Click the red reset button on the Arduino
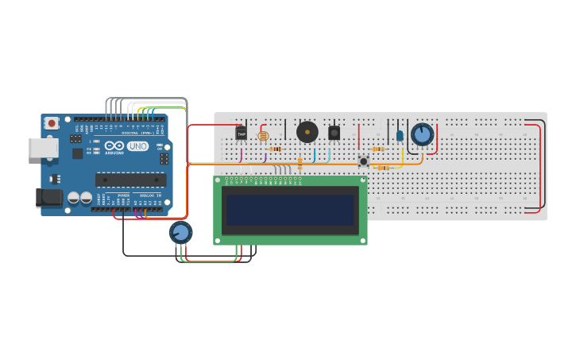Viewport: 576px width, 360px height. click(x=52, y=123)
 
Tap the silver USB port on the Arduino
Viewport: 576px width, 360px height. click(x=43, y=148)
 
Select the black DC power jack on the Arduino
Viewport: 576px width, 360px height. click(x=49, y=196)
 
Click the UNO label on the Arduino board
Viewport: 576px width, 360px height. click(x=137, y=146)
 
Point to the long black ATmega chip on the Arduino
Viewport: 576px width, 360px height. click(x=130, y=180)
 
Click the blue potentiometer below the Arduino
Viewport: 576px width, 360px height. click(x=180, y=233)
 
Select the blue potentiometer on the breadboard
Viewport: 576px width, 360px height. click(x=422, y=134)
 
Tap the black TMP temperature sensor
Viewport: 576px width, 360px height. click(x=241, y=134)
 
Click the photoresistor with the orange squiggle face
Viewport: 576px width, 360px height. click(x=263, y=136)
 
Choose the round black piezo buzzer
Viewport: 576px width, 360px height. click(x=307, y=132)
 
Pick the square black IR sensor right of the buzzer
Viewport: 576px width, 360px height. click(x=334, y=133)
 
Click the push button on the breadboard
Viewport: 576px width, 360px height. click(x=363, y=161)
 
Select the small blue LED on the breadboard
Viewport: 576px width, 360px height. click(x=400, y=136)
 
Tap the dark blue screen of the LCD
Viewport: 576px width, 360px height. click(x=290, y=211)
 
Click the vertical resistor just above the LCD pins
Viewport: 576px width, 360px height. click(x=300, y=163)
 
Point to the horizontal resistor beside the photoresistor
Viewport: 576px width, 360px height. click(x=276, y=149)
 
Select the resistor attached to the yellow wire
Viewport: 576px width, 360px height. click(x=385, y=168)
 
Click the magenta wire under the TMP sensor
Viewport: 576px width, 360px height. click(x=241, y=156)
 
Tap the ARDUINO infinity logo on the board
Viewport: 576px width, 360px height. click(x=115, y=146)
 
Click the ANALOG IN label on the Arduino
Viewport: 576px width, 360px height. click(x=150, y=195)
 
